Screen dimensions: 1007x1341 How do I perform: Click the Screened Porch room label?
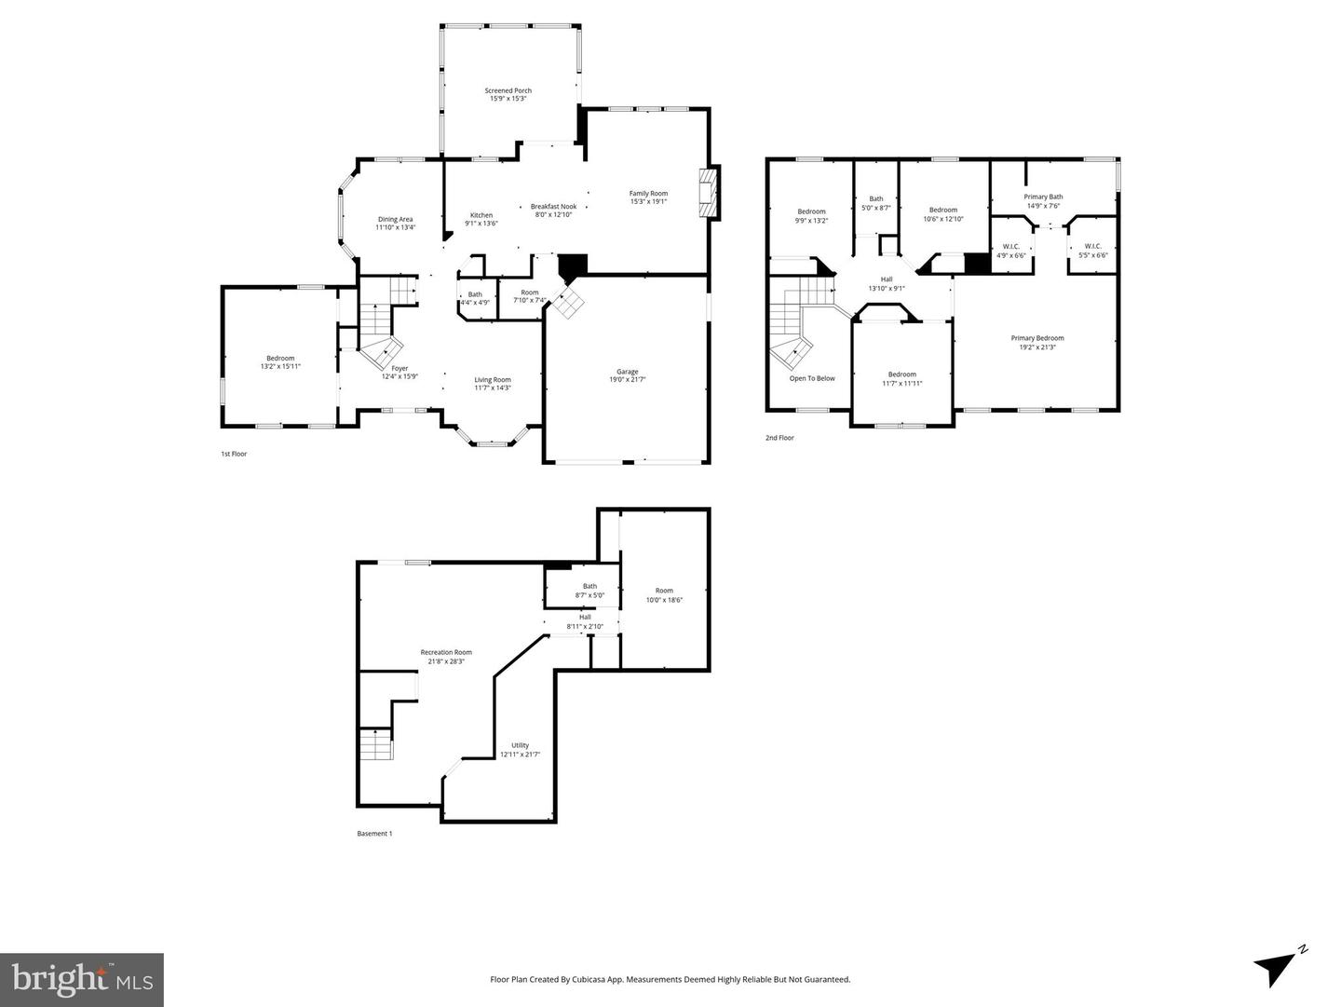508,91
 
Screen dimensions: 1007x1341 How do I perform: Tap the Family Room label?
648,194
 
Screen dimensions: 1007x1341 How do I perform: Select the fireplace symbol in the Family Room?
711,194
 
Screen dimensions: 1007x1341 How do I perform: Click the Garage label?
627,372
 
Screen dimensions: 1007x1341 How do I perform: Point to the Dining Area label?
396,220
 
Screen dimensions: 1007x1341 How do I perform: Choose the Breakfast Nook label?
553,207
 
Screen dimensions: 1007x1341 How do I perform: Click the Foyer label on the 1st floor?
400,369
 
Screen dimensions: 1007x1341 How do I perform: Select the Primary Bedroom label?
1037,338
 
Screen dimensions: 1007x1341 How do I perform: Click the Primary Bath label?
1043,197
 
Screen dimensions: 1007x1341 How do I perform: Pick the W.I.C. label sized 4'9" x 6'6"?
1011,247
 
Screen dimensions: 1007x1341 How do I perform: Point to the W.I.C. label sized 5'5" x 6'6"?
1093,247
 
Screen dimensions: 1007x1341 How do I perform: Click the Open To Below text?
812,378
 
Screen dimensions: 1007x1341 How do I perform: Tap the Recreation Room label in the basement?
446,652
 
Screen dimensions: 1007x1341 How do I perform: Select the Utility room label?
520,745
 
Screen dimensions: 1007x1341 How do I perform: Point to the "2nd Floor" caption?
779,438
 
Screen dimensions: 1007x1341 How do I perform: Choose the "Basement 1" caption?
374,834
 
